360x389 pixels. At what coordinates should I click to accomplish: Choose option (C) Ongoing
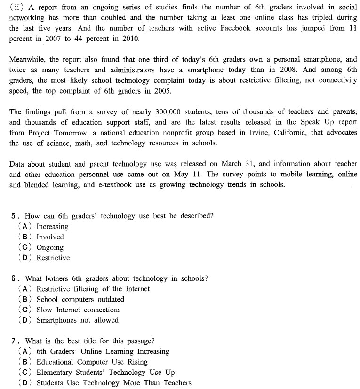pos(49,247)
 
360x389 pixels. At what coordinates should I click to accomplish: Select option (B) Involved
pos(49,237)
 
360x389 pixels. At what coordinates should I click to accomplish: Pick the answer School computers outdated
pos(80,299)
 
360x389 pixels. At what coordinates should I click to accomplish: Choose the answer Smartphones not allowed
pos(77,320)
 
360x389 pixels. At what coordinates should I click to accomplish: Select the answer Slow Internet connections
pos(78,310)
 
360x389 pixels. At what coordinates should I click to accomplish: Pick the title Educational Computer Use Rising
pos(92,362)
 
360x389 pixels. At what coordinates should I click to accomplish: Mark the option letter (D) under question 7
pos(25,382)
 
